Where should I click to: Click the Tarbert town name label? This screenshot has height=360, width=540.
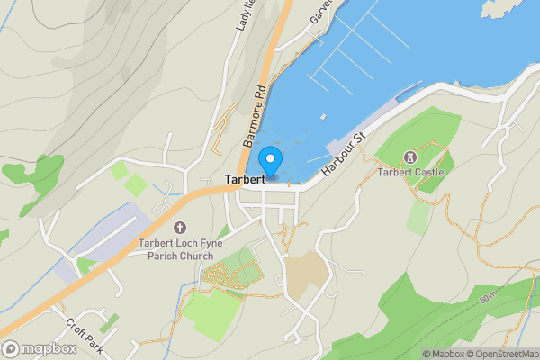pyautogui.click(x=245, y=179)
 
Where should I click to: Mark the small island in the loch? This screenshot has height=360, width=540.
pyautogui.click(x=518, y=8)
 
